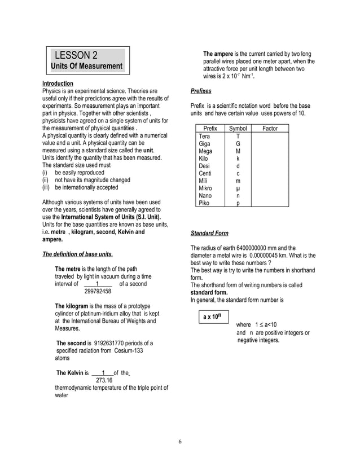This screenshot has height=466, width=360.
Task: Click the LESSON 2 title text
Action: click(76, 55)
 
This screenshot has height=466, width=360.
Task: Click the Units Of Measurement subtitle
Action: click(87, 67)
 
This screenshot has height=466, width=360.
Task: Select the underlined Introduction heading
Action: click(58, 83)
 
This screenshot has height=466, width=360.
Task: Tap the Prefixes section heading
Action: click(201, 90)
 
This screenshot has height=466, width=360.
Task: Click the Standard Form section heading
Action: click(209, 233)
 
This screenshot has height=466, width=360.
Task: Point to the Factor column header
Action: click(270, 129)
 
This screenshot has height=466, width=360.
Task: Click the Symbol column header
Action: click(238, 129)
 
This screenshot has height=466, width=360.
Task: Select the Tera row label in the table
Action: click(204, 137)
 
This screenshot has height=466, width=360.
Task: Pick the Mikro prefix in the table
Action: click(205, 188)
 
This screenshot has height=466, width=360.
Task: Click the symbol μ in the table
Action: click(238, 188)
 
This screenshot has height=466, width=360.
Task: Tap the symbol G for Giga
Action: click(238, 144)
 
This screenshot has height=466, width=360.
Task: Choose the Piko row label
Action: click(204, 203)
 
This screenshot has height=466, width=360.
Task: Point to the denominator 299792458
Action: click(98, 292)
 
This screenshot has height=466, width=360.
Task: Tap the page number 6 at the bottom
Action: click(180, 441)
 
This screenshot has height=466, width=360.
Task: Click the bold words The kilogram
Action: click(72, 306)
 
